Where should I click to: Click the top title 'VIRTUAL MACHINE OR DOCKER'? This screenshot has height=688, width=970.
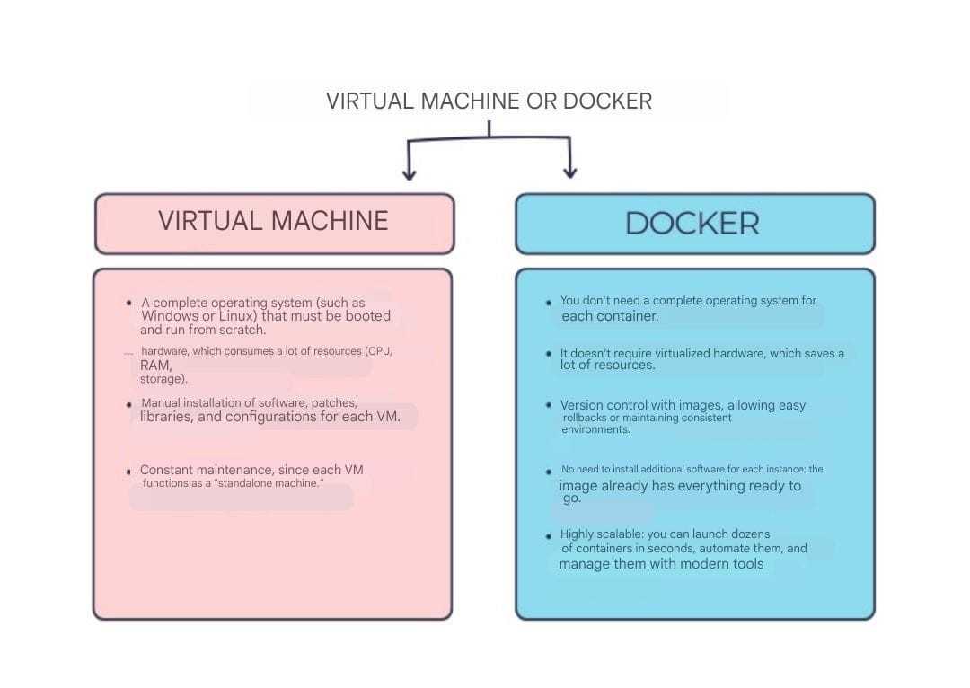pyautogui.click(x=489, y=101)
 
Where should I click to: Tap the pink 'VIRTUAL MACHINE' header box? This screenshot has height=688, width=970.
pyautogui.click(x=275, y=224)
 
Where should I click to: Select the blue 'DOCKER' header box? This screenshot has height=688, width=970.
pyautogui.click(x=695, y=224)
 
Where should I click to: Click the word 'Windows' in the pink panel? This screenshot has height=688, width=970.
pyautogui.click(x=170, y=316)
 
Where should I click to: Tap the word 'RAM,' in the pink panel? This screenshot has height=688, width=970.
pyautogui.click(x=156, y=365)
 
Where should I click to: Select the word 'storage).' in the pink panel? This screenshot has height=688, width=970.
pyautogui.click(x=163, y=379)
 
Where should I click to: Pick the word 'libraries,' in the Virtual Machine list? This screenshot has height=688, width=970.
pyautogui.click(x=166, y=417)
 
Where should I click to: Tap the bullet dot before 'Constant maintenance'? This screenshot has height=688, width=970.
pyautogui.click(x=128, y=472)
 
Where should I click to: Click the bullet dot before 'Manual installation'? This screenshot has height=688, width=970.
pyautogui.click(x=128, y=405)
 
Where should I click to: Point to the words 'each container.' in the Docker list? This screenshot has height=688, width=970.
pyautogui.click(x=610, y=316)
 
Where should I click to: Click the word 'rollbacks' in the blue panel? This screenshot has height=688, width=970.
pyautogui.click(x=585, y=418)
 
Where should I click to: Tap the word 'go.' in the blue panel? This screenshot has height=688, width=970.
pyautogui.click(x=572, y=498)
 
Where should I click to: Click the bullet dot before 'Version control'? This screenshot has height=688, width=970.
pyautogui.click(x=549, y=405)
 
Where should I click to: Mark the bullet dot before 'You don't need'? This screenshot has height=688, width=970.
pyautogui.click(x=549, y=303)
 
